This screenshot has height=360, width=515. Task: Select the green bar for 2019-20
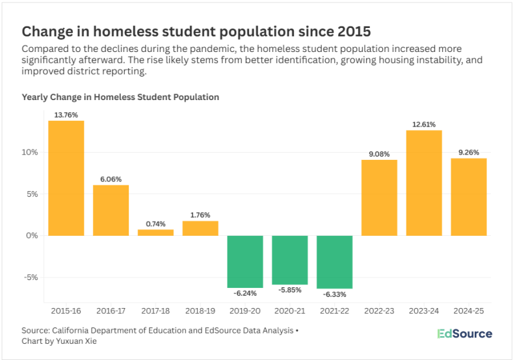pyautogui.click(x=245, y=261)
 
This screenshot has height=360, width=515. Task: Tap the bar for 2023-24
pyautogui.click(x=424, y=183)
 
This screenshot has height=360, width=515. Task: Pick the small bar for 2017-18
pyautogui.click(x=155, y=232)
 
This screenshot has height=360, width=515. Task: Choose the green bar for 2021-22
pyautogui.click(x=334, y=262)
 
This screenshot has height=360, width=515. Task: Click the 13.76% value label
pyautogui.click(x=66, y=115)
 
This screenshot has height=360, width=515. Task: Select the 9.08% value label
pyautogui.click(x=379, y=154)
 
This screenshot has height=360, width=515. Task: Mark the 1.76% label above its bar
pyautogui.click(x=200, y=215)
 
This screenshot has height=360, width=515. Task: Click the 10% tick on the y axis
pyautogui.click(x=31, y=152)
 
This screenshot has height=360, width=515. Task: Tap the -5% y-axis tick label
pyautogui.click(x=31, y=277)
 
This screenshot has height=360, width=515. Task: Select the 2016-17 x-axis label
pyautogui.click(x=111, y=311)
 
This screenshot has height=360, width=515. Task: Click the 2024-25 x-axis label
pyautogui.click(x=468, y=311)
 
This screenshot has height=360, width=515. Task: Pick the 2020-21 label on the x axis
pyautogui.click(x=289, y=311)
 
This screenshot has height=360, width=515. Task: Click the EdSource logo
pyautogui.click(x=464, y=334)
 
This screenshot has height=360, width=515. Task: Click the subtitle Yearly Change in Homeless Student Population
pyautogui.click(x=120, y=97)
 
